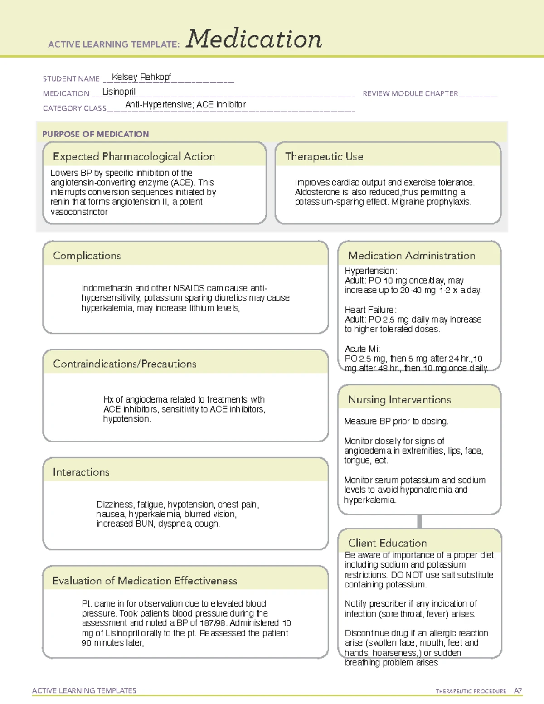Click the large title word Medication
254,39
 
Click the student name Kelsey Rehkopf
141,77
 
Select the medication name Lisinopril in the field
119,92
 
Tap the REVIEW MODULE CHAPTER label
410,93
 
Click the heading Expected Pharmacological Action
134,157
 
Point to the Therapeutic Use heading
324,157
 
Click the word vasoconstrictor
79,212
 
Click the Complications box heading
87,256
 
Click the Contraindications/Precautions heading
125,364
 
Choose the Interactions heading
81,472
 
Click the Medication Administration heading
412,256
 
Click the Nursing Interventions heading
399,400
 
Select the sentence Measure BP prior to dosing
396,422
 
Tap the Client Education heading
388,543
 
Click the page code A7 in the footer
518,691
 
